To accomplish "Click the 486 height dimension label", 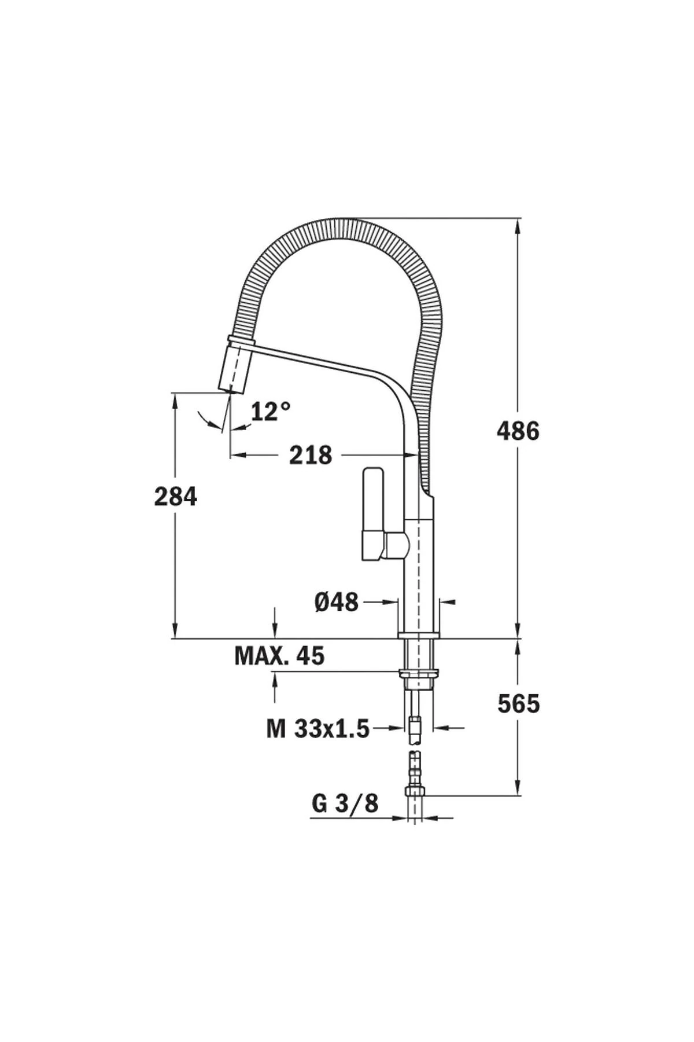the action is tap(518, 431).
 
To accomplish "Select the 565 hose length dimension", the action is tap(518, 703).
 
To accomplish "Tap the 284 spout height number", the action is tap(176, 497).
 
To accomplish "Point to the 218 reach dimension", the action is tap(311, 455).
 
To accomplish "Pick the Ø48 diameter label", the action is tap(337, 603).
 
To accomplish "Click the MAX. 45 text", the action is tap(279, 655).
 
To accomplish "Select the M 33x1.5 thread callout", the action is tap(318, 729).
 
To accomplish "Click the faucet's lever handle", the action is tap(372, 512).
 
